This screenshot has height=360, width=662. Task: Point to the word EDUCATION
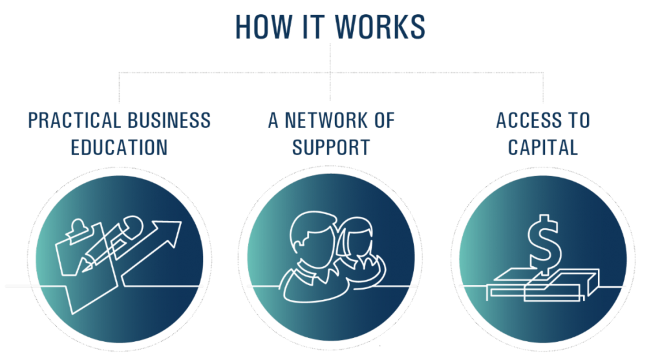pyautogui.click(x=119, y=147)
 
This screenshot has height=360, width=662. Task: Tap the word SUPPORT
pyautogui.click(x=330, y=147)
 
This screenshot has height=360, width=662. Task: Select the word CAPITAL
pyautogui.click(x=542, y=147)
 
